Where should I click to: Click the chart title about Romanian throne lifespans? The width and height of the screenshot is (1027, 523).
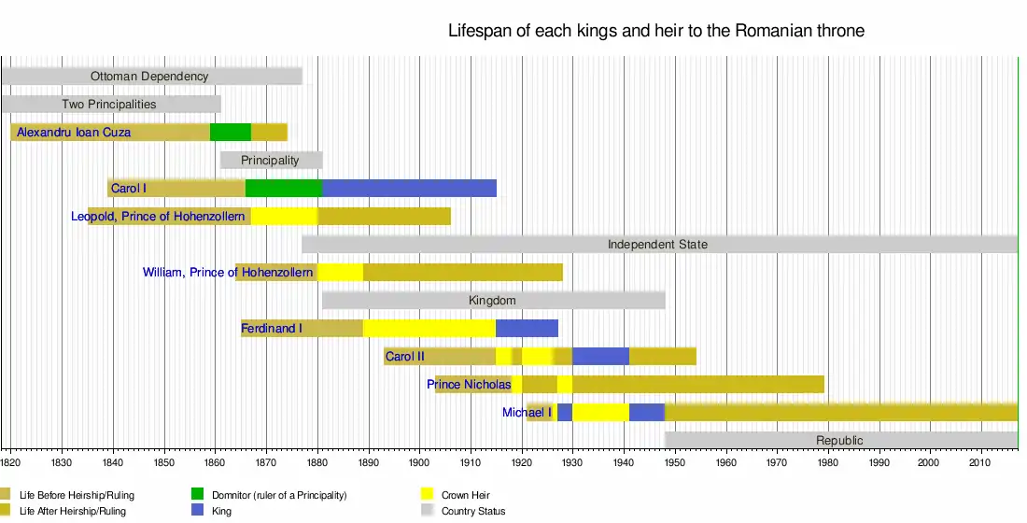pyautogui.click(x=656, y=31)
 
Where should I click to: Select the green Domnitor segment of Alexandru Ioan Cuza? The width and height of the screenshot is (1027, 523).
pyautogui.click(x=231, y=132)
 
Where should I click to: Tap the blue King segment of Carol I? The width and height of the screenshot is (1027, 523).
pyautogui.click(x=409, y=188)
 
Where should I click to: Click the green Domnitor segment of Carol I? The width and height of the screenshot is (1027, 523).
pyautogui.click(x=284, y=188)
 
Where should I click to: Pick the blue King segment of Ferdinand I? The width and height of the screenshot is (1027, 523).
pyautogui.click(x=528, y=329)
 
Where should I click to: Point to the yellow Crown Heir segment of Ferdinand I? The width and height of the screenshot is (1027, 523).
pyautogui.click(x=429, y=329)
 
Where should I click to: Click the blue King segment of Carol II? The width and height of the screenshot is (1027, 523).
pyautogui.click(x=600, y=357)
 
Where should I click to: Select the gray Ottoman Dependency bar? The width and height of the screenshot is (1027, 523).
pyautogui.click(x=152, y=76)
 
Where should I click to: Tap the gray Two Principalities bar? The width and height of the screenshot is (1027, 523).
pyautogui.click(x=111, y=105)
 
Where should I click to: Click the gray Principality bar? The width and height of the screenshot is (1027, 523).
pyautogui.click(x=271, y=160)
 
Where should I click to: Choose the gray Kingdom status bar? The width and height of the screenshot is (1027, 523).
pyautogui.click(x=494, y=300)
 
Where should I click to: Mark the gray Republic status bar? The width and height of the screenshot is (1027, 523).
pyautogui.click(x=841, y=441)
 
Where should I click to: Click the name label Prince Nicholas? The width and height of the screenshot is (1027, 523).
pyautogui.click(x=469, y=385)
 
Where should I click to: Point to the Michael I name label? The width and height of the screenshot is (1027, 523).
pyautogui.click(x=527, y=412)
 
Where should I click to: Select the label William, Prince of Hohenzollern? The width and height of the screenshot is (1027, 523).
pyautogui.click(x=228, y=272)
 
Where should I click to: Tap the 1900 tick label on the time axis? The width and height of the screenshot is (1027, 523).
pyautogui.click(x=419, y=462)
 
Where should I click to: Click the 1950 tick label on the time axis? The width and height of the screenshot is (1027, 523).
pyautogui.click(x=675, y=462)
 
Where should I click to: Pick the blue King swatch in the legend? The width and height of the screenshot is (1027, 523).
pyautogui.click(x=198, y=511)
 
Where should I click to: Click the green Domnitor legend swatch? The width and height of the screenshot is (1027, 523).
pyautogui.click(x=198, y=494)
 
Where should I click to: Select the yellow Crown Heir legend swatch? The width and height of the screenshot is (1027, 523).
pyautogui.click(x=428, y=494)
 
